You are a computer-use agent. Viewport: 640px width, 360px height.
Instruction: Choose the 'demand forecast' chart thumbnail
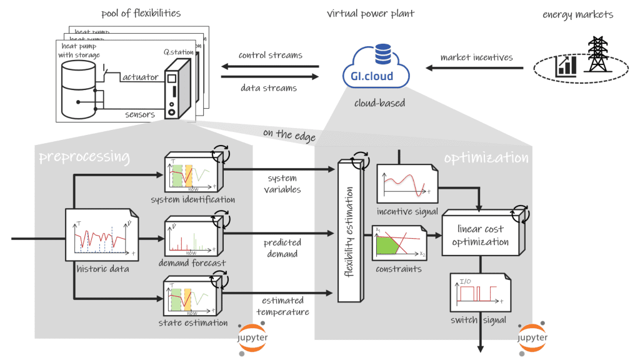pyautogui.click(x=191, y=238)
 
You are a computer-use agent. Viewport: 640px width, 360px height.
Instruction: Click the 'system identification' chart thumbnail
pyautogui.click(x=191, y=174)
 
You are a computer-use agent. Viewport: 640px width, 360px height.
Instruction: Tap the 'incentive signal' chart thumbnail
pyautogui.click(x=402, y=183)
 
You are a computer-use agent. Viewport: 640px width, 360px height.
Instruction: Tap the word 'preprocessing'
pyautogui.click(x=84, y=156)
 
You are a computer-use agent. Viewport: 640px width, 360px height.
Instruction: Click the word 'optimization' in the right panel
pyautogui.click(x=486, y=157)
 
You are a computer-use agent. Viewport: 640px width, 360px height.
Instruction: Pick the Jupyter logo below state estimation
pyautogui.click(x=252, y=338)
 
